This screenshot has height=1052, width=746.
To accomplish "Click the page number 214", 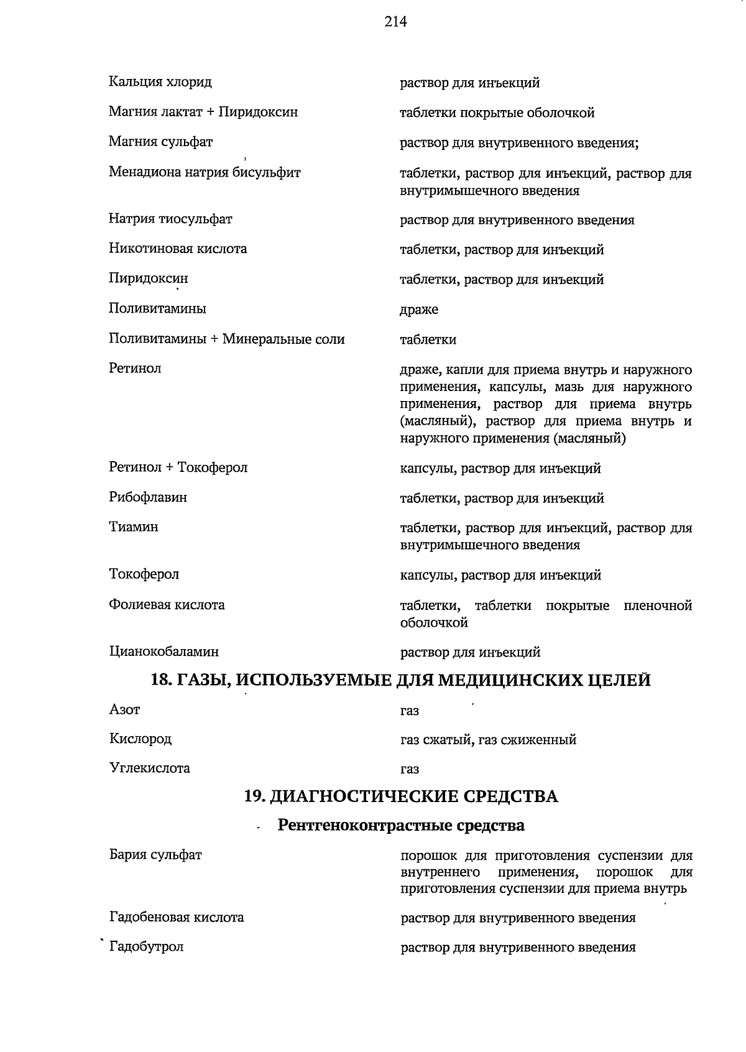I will (x=395, y=22).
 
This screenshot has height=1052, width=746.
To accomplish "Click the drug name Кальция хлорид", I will (x=160, y=81).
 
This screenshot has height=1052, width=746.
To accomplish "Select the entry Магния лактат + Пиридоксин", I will (x=203, y=112).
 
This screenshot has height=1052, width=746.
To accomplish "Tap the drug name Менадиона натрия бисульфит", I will (x=205, y=172).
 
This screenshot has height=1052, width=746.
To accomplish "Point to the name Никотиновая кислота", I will (x=178, y=249).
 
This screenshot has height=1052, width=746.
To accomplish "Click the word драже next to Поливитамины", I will (x=418, y=310).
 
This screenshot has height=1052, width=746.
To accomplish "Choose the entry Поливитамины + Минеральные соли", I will (x=227, y=339).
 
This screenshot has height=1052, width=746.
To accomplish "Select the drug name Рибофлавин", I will (x=148, y=497).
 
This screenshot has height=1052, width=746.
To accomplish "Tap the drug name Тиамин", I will (x=134, y=527).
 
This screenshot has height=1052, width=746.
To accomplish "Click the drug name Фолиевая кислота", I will (x=167, y=605).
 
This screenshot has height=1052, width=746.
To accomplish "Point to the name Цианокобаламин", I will (x=164, y=652).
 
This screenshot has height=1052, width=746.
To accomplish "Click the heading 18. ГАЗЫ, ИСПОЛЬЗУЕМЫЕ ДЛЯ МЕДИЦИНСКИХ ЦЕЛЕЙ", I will (x=401, y=680).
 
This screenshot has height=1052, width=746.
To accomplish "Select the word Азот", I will (x=124, y=709).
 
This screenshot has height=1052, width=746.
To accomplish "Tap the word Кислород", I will (x=140, y=739).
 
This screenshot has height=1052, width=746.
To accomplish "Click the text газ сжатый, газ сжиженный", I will (x=488, y=740).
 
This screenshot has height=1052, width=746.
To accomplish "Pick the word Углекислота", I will (x=150, y=768).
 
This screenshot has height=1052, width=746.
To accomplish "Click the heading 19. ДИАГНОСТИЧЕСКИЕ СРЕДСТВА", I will (x=401, y=796).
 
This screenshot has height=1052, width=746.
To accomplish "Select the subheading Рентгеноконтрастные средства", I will (x=401, y=826).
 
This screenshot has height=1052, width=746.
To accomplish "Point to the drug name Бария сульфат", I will (x=155, y=855).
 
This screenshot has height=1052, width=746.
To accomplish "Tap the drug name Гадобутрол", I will (x=147, y=947).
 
